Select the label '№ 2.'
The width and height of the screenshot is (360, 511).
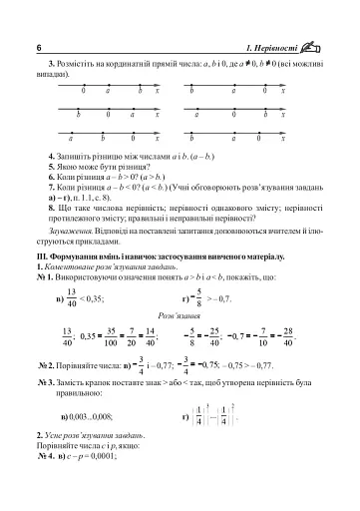(x=57, y=365)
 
